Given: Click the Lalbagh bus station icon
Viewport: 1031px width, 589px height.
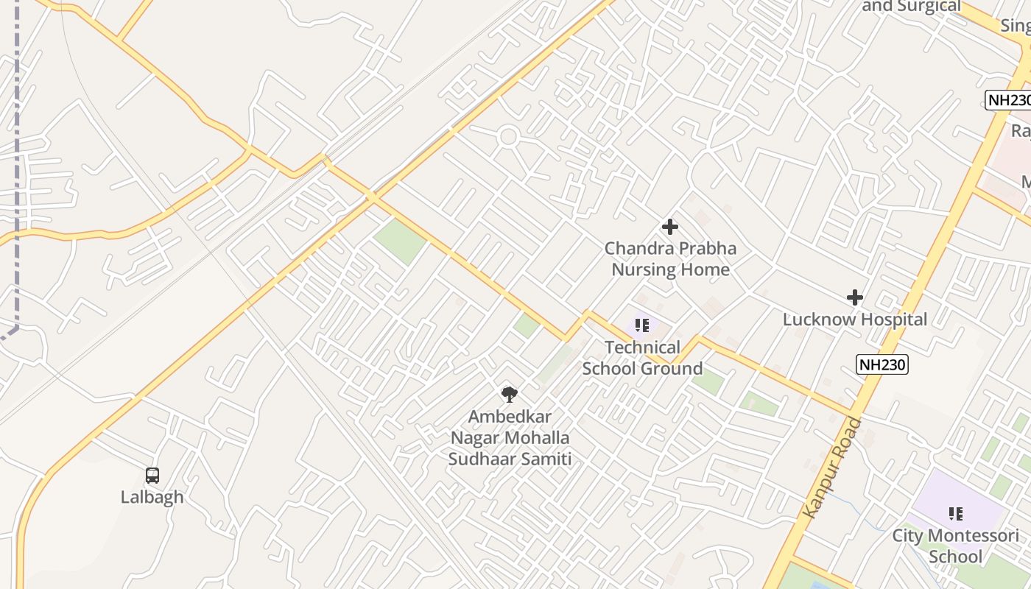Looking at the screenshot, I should [x=152, y=476].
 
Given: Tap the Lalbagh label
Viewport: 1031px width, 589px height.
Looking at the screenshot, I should [x=152, y=497].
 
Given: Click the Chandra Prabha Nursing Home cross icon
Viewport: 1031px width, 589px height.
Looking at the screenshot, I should [x=670, y=227].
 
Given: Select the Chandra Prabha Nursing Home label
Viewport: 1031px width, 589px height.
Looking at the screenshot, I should [x=670, y=259].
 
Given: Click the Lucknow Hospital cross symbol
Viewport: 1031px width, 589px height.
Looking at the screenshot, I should [x=854, y=297].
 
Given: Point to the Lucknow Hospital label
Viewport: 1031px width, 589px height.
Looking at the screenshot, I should [x=854, y=320].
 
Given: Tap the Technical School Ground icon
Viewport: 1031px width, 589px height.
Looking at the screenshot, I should [x=642, y=325].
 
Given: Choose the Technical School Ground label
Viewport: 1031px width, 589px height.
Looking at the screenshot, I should [x=642, y=358].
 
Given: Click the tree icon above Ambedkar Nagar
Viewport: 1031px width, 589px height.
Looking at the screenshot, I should [x=509, y=394].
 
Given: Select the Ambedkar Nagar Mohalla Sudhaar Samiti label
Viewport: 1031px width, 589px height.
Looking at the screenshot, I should [x=510, y=438].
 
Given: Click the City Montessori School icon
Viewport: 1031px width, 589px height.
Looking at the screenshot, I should [x=956, y=513].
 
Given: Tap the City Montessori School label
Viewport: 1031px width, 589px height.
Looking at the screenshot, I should [x=956, y=546].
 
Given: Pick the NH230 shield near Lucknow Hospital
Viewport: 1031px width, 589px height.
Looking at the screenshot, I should [x=882, y=364].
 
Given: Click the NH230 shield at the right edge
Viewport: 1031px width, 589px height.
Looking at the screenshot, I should [x=1009, y=100].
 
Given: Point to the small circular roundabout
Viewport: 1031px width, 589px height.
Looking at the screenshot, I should [x=507, y=136].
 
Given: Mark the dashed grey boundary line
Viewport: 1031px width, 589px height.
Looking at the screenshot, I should [x=16, y=184].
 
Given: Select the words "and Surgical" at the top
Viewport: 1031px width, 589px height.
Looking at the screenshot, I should [x=912, y=7].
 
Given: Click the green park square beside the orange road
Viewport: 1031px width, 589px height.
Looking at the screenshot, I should [x=400, y=241].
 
